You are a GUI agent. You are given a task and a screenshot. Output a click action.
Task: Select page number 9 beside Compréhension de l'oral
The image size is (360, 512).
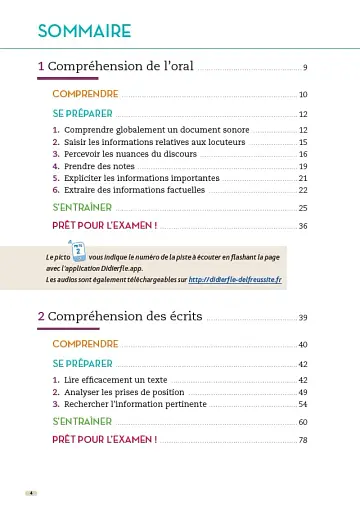point(304,68)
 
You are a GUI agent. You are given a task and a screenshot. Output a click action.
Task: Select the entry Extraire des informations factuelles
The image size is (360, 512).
point(134,189)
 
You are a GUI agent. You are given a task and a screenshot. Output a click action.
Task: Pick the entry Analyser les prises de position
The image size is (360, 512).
point(126,392)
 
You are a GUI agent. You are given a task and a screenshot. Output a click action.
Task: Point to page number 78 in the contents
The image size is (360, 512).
point(302,440)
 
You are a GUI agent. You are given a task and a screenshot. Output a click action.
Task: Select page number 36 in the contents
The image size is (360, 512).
point(302,226)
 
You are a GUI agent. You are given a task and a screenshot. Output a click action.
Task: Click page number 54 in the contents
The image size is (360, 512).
point(302,404)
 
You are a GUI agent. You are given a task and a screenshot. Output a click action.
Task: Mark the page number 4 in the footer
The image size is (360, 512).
point(31,494)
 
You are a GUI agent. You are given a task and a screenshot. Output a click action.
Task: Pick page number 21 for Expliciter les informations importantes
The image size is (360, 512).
point(302,178)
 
